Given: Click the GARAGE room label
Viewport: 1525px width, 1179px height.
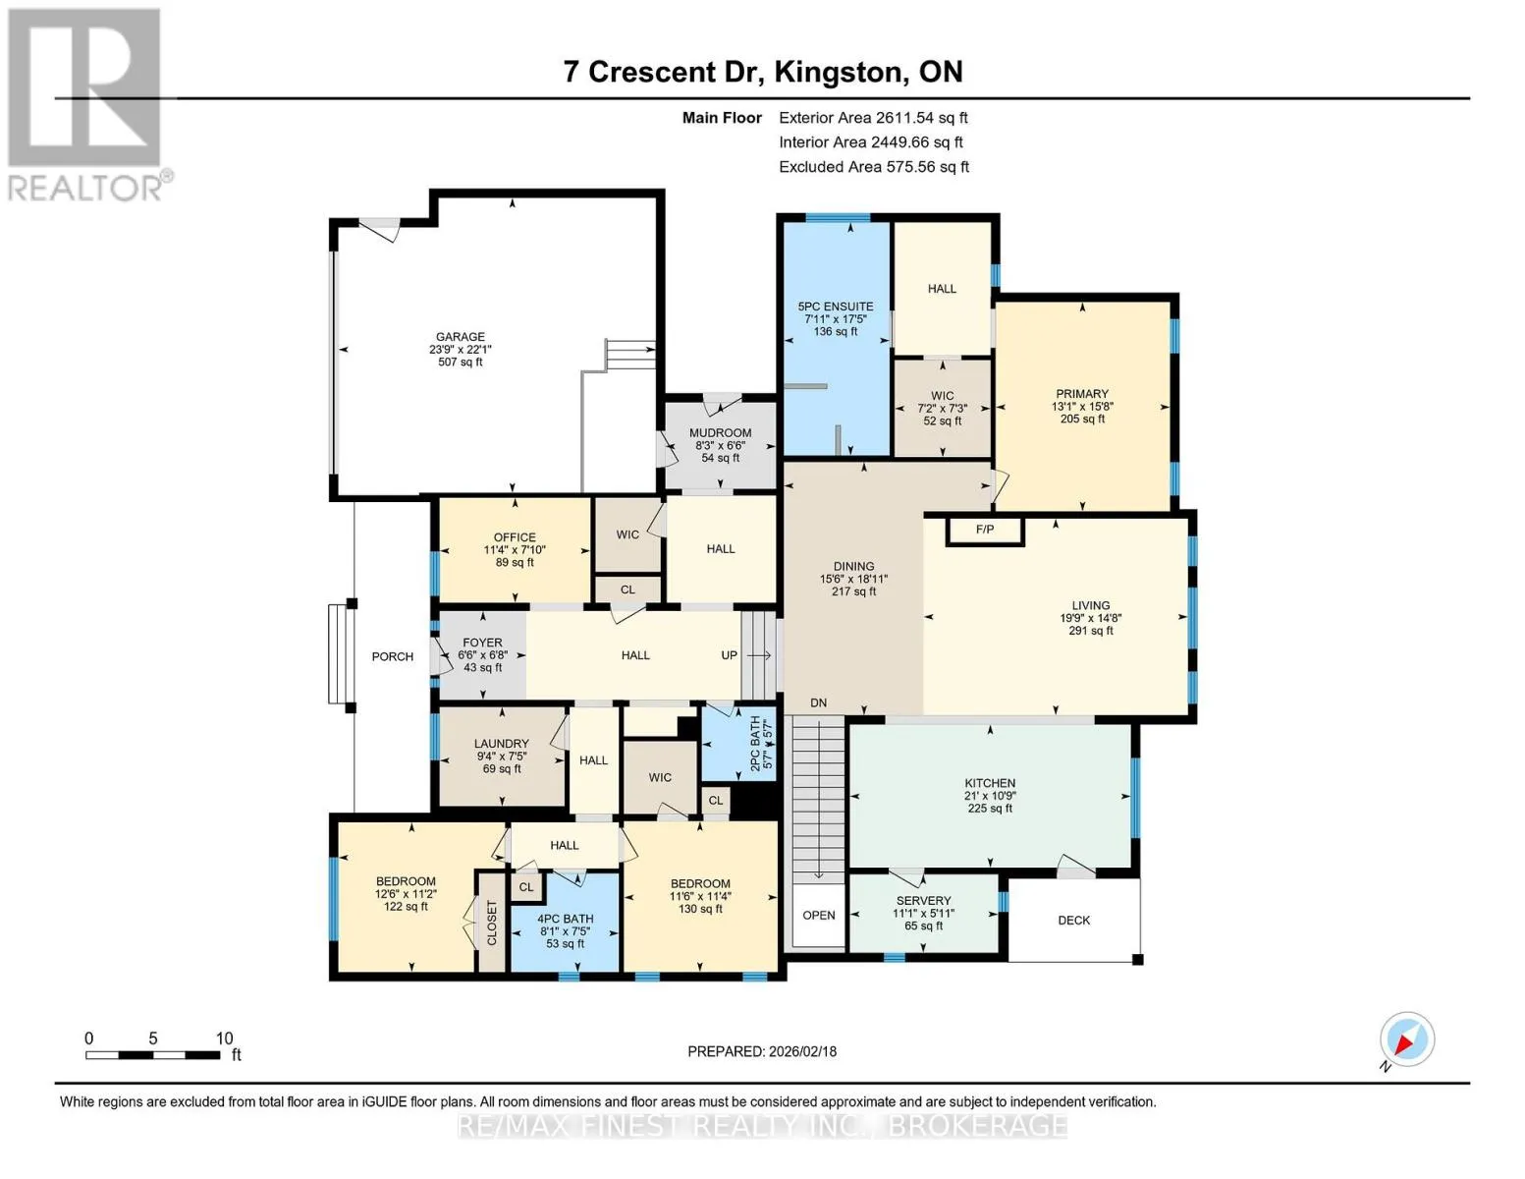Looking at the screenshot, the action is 461,337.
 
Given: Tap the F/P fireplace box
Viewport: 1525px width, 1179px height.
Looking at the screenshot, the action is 985,531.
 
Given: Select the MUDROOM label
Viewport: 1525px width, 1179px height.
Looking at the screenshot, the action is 720,433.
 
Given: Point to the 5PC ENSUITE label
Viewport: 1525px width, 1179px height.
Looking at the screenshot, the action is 835,307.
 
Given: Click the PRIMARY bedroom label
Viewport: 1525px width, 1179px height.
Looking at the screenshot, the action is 1082,394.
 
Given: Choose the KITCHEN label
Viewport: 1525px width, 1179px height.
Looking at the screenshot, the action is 990,783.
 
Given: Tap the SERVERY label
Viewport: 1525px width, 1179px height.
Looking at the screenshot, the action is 923,900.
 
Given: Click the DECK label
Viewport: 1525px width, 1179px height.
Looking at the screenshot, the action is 1073,920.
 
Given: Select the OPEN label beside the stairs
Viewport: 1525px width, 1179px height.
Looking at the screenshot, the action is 818,915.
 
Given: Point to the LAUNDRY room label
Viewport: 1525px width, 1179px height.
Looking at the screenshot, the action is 501,744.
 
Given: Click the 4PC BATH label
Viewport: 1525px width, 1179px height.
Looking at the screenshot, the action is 565,919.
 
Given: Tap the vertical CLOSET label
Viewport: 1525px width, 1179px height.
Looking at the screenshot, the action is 491,923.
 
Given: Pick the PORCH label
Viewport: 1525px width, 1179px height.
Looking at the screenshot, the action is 393,656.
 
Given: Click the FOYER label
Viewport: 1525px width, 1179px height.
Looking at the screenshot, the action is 482,643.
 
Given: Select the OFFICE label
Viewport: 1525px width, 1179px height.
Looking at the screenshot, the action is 515,537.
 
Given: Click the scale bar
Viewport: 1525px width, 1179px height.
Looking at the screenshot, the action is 153,1054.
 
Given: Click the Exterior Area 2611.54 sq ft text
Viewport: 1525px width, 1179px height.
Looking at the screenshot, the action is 873,118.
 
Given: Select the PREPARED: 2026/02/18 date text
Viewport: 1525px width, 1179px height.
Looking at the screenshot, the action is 761,1052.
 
